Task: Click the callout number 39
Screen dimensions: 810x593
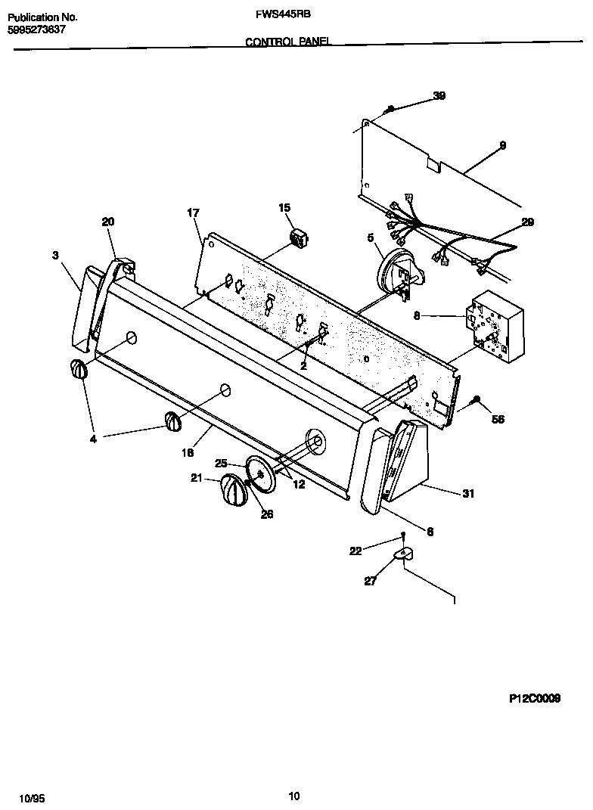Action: (439, 95)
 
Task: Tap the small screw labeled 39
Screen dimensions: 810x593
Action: (390, 110)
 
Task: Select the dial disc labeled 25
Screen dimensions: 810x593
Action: (259, 475)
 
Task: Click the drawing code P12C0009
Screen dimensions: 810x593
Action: (534, 700)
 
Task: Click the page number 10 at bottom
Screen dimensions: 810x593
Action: (295, 795)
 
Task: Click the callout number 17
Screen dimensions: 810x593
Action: (193, 213)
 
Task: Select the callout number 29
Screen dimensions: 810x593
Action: (527, 222)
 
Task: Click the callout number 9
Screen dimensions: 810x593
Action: (502, 145)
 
